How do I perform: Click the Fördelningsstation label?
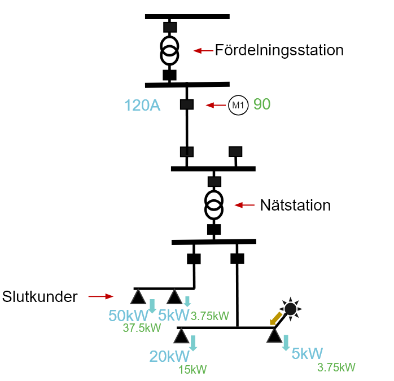coord(279,50)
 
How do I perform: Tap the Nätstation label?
coord(295,205)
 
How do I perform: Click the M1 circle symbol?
coord(238,106)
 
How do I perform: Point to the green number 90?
coord(262,104)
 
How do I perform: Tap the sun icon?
coord(290,309)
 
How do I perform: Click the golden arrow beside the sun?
coord(276,319)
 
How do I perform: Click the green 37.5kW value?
coord(142,328)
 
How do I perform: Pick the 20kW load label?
coord(169,356)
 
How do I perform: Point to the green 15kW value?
coord(192,370)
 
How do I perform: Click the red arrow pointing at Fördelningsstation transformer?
coord(203,51)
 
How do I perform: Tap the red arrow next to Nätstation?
coord(244,205)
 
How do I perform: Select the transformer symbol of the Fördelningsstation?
coord(170,51)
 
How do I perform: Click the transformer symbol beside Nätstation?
coord(214,205)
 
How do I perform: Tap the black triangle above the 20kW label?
coord(181,336)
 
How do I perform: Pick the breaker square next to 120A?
coord(187,104)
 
